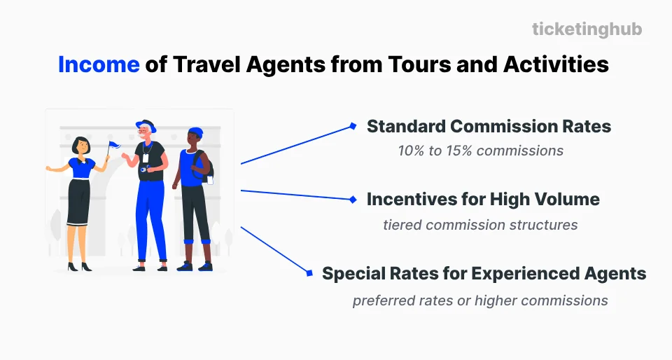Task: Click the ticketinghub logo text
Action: (587, 29)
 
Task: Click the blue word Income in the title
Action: (99, 65)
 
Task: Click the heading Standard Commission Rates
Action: (489, 127)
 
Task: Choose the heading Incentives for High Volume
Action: (483, 200)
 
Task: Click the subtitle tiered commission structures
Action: (480, 225)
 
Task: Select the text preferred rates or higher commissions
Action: (480, 300)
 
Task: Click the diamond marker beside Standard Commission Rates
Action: (353, 127)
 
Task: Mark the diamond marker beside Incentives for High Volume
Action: (353, 200)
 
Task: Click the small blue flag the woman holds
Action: (114, 146)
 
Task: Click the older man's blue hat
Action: (146, 125)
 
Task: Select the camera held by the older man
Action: (143, 169)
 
